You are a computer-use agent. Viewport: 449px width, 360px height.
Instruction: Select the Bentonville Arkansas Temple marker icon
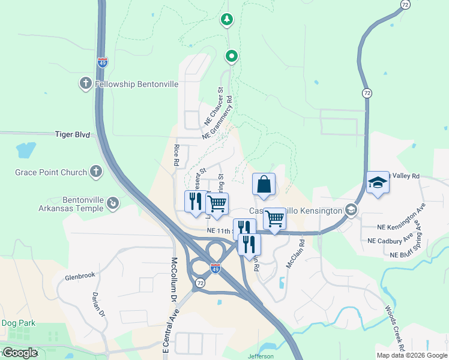pyautogui.click(x=112, y=205)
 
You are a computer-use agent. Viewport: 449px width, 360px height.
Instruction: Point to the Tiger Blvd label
pyautogui.click(x=72, y=135)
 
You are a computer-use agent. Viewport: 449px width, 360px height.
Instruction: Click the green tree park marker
pyautogui.click(x=226, y=20)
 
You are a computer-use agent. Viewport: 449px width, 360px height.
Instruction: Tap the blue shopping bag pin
pyautogui.click(x=264, y=185)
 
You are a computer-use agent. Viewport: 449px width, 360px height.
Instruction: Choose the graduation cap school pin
pyautogui.click(x=378, y=182)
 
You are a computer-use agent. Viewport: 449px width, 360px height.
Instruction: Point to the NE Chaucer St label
pyautogui.click(x=213, y=106)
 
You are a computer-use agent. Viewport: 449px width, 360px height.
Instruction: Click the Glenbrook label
pyautogui.click(x=80, y=276)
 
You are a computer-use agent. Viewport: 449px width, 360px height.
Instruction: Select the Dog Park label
pyautogui.click(x=18, y=323)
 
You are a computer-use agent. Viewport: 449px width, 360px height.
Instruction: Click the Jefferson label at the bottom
pyautogui.click(x=261, y=356)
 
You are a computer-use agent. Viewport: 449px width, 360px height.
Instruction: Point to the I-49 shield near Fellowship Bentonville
pyautogui.click(x=103, y=62)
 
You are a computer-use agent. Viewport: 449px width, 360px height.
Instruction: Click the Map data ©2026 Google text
pyautogui.click(x=412, y=355)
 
